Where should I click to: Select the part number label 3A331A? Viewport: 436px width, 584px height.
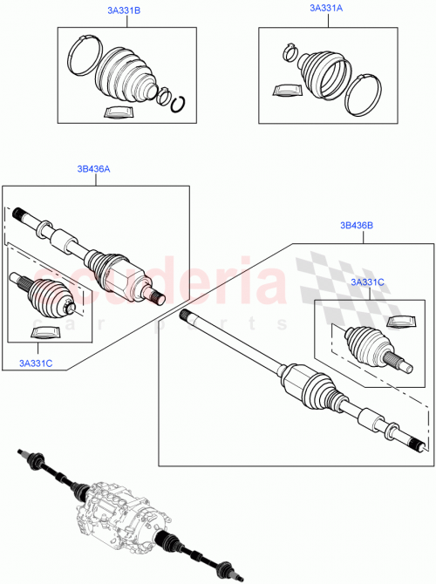[x=326, y=8]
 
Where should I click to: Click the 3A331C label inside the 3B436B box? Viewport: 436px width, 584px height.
[x=368, y=282]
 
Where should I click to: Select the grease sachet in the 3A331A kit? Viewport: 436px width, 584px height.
[x=284, y=90]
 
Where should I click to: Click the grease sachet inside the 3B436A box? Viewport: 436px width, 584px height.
[x=44, y=331]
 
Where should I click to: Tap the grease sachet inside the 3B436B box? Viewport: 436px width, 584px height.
[x=399, y=323]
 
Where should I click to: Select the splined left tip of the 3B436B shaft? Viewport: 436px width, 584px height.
[x=185, y=314]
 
